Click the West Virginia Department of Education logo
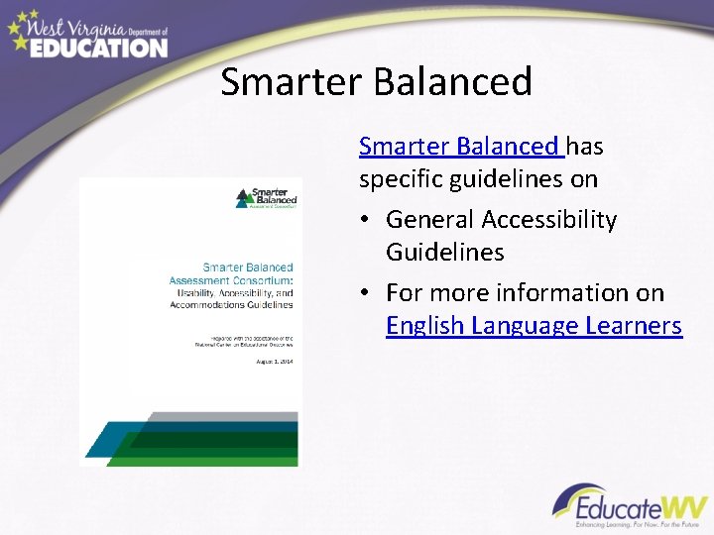tap(87, 34)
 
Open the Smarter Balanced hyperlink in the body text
tap(460, 147)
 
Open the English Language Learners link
tap(534, 325)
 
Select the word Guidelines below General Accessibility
tap(444, 252)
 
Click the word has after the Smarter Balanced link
tap(585, 147)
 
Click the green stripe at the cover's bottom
tap(202, 458)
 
